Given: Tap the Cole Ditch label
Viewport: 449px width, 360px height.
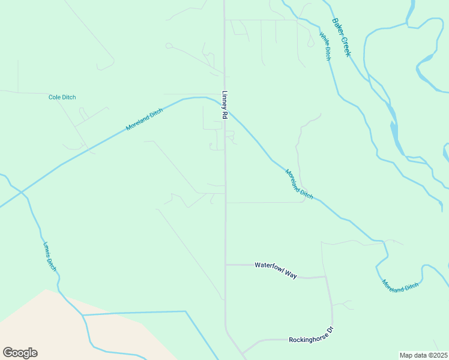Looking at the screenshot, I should point(62,97).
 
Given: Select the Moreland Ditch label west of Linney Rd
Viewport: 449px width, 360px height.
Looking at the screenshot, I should point(144,120).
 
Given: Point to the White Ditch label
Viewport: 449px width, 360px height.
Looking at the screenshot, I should point(325,46).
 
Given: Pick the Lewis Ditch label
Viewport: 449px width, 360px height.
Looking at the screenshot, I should point(50,257).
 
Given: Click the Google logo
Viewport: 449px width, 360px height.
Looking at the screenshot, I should point(20,353).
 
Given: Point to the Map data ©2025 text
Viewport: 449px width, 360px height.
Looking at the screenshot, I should point(423,355).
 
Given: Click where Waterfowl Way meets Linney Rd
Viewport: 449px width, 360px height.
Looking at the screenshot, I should point(226,265).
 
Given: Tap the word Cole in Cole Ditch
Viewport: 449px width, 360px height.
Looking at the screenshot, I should point(55,97).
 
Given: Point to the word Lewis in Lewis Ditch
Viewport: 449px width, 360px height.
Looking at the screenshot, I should point(47,250).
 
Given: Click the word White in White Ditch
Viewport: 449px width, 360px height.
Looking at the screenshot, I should point(323,40).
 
